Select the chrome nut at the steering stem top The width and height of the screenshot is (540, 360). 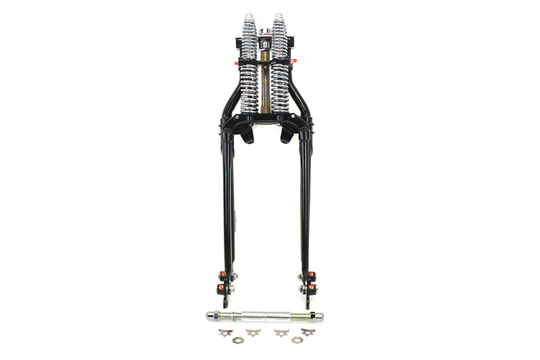coord(264,31)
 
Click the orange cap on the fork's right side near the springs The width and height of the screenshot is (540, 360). coord(293,61)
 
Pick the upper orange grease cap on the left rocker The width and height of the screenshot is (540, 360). coord(222,275)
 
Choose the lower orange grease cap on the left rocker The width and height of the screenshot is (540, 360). coord(220,287)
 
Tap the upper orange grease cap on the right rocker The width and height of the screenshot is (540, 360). coord(311,275)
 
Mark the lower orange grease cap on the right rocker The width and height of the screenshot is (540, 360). coord(311,287)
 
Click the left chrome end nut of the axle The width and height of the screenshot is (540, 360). coord(211,315)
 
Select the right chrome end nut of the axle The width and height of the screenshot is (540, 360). coord(317,316)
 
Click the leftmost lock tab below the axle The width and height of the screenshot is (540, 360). coord(224,332)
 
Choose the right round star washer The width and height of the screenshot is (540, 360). coord(296,340)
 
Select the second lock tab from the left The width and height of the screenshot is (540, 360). coord(253,331)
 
